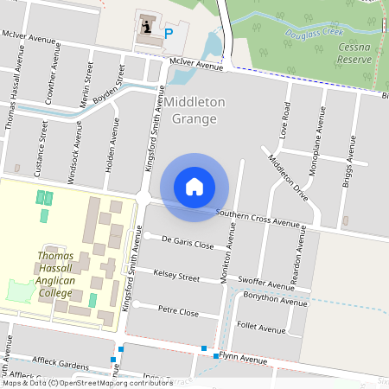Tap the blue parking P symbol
click(x=169, y=32)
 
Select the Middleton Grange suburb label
click(x=195, y=110)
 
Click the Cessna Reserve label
click(x=355, y=54)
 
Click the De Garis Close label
click(x=188, y=245)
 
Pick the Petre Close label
click(x=178, y=311)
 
